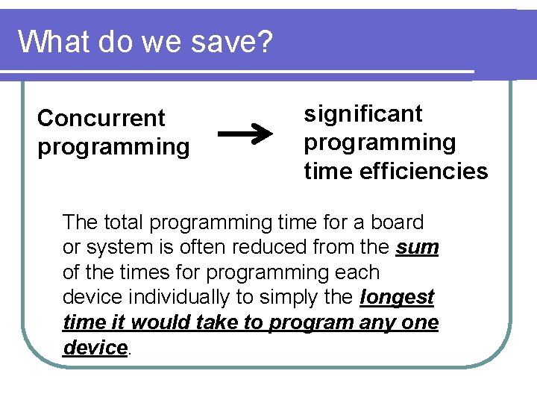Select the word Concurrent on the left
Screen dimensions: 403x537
101,118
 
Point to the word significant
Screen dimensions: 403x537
363,113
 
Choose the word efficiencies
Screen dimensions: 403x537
424,172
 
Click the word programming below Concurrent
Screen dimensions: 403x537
113,147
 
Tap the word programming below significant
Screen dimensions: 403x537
380,143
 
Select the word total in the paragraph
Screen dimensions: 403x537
124,222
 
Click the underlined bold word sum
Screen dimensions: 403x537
418,247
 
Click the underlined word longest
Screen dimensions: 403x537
397,297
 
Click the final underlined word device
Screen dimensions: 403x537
95,348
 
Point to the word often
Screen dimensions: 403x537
200,247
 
